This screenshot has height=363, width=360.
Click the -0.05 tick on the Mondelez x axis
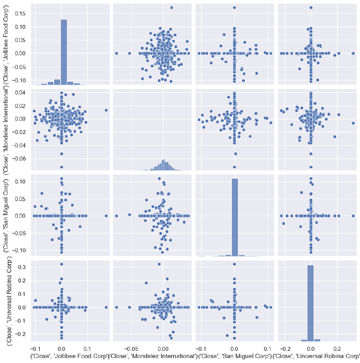[x=130, y=349]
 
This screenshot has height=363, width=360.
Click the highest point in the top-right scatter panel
[x=310, y=8]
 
